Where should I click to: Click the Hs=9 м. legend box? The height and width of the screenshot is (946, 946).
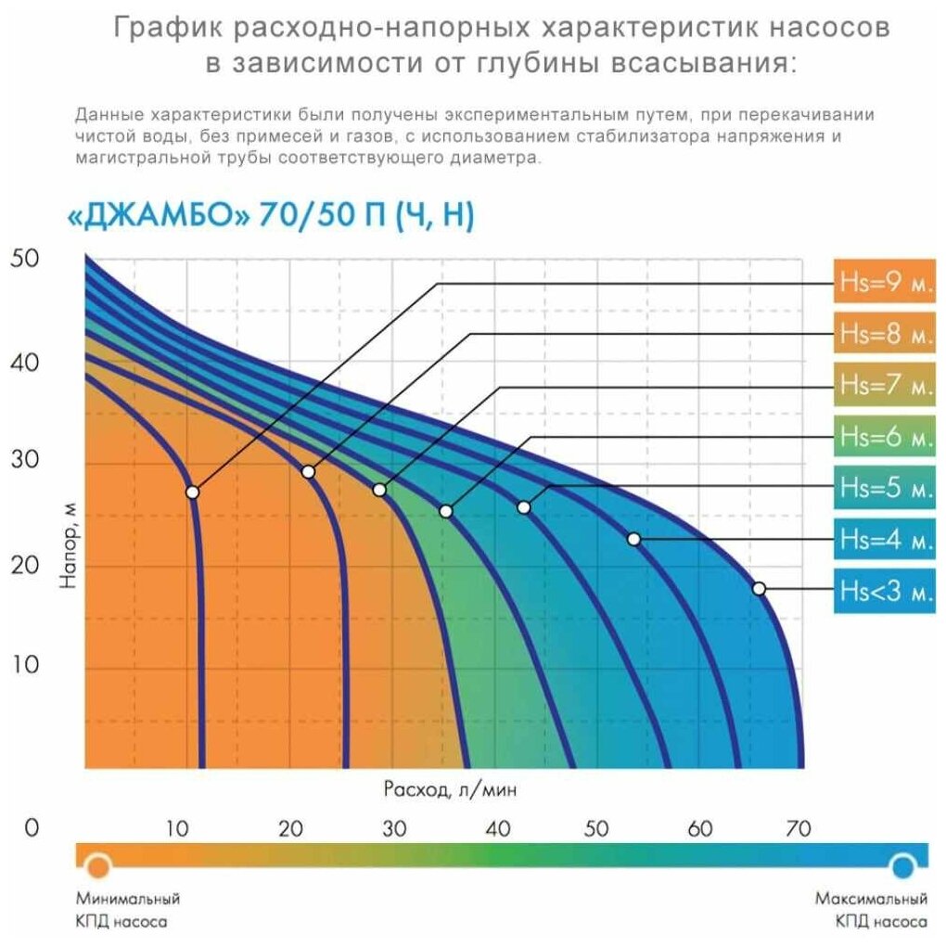pyautogui.click(x=885, y=281)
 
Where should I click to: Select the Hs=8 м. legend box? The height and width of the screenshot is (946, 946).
pyautogui.click(x=885, y=332)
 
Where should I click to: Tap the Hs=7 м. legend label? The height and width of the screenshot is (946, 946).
pyautogui.click(x=885, y=384)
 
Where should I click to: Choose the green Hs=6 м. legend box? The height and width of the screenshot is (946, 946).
pyautogui.click(x=885, y=436)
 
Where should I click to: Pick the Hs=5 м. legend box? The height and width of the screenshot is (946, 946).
pyautogui.click(x=885, y=487)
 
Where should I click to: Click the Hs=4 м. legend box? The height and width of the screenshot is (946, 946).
pyautogui.click(x=885, y=539)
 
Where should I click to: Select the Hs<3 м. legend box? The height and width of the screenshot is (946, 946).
pyautogui.click(x=885, y=591)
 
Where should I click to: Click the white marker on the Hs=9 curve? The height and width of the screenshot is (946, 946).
pyautogui.click(x=193, y=492)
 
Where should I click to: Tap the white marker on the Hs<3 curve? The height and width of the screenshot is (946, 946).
pyautogui.click(x=759, y=588)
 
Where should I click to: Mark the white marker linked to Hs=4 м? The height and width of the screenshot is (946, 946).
pyautogui.click(x=633, y=539)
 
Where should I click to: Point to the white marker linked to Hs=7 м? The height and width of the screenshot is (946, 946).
pyautogui.click(x=379, y=490)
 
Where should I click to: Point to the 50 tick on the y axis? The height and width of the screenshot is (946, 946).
pyautogui.click(x=25, y=258)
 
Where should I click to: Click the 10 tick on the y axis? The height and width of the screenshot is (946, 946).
pyautogui.click(x=25, y=664)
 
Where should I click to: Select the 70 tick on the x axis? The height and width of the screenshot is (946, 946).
pyautogui.click(x=798, y=828)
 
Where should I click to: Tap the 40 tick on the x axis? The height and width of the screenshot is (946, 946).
pyautogui.click(x=498, y=828)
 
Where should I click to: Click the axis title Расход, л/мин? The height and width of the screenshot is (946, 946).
pyautogui.click(x=450, y=789)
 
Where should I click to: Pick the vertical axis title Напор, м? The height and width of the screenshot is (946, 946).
pyautogui.click(x=69, y=544)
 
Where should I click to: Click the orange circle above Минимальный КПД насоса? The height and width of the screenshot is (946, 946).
pyautogui.click(x=97, y=866)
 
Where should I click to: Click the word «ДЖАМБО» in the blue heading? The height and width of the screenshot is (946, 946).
pyautogui.click(x=158, y=215)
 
